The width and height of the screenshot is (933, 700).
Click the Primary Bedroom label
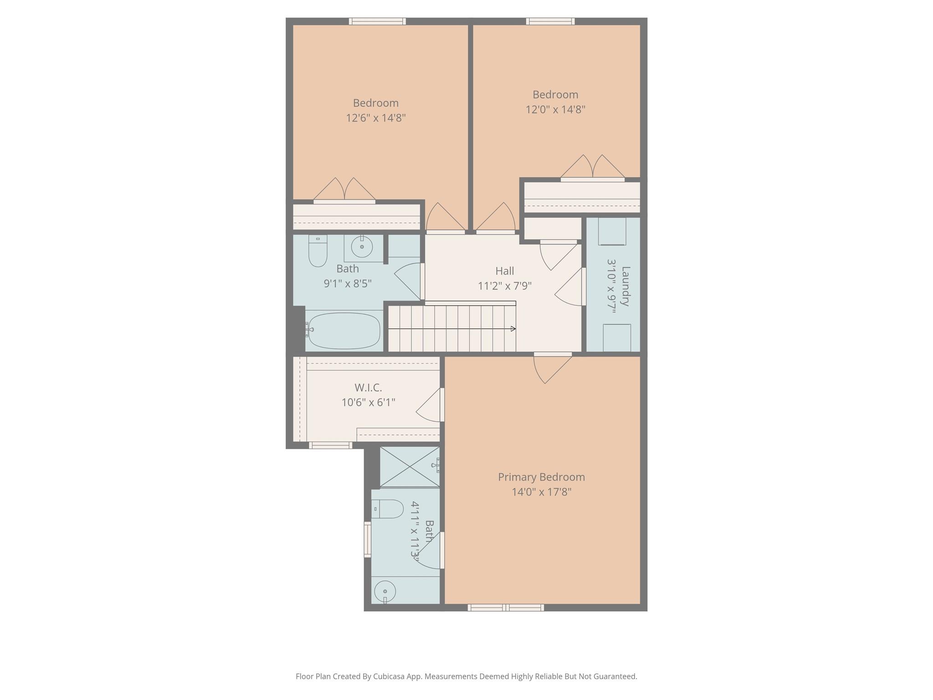(x=541, y=477)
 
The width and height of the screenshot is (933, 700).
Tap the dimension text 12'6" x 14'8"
(x=375, y=118)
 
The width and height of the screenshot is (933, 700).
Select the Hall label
(x=504, y=271)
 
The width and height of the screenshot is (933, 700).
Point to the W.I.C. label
(x=368, y=388)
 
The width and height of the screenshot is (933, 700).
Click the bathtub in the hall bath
(x=344, y=330)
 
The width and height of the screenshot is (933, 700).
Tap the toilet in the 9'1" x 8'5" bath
(x=318, y=251)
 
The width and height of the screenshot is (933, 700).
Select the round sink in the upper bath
(x=362, y=247)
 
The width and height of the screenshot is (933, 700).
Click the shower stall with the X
(x=410, y=467)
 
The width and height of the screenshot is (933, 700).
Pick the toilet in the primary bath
(x=388, y=509)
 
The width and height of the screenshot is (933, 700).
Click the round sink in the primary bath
(x=385, y=592)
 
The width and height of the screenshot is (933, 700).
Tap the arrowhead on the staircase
(x=513, y=329)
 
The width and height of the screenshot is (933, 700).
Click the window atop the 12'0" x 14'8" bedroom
(x=550, y=21)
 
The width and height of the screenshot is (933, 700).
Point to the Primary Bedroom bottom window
(x=506, y=607)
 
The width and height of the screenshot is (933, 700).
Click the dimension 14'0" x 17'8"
(x=541, y=492)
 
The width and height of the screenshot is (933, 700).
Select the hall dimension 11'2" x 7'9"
(x=504, y=286)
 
